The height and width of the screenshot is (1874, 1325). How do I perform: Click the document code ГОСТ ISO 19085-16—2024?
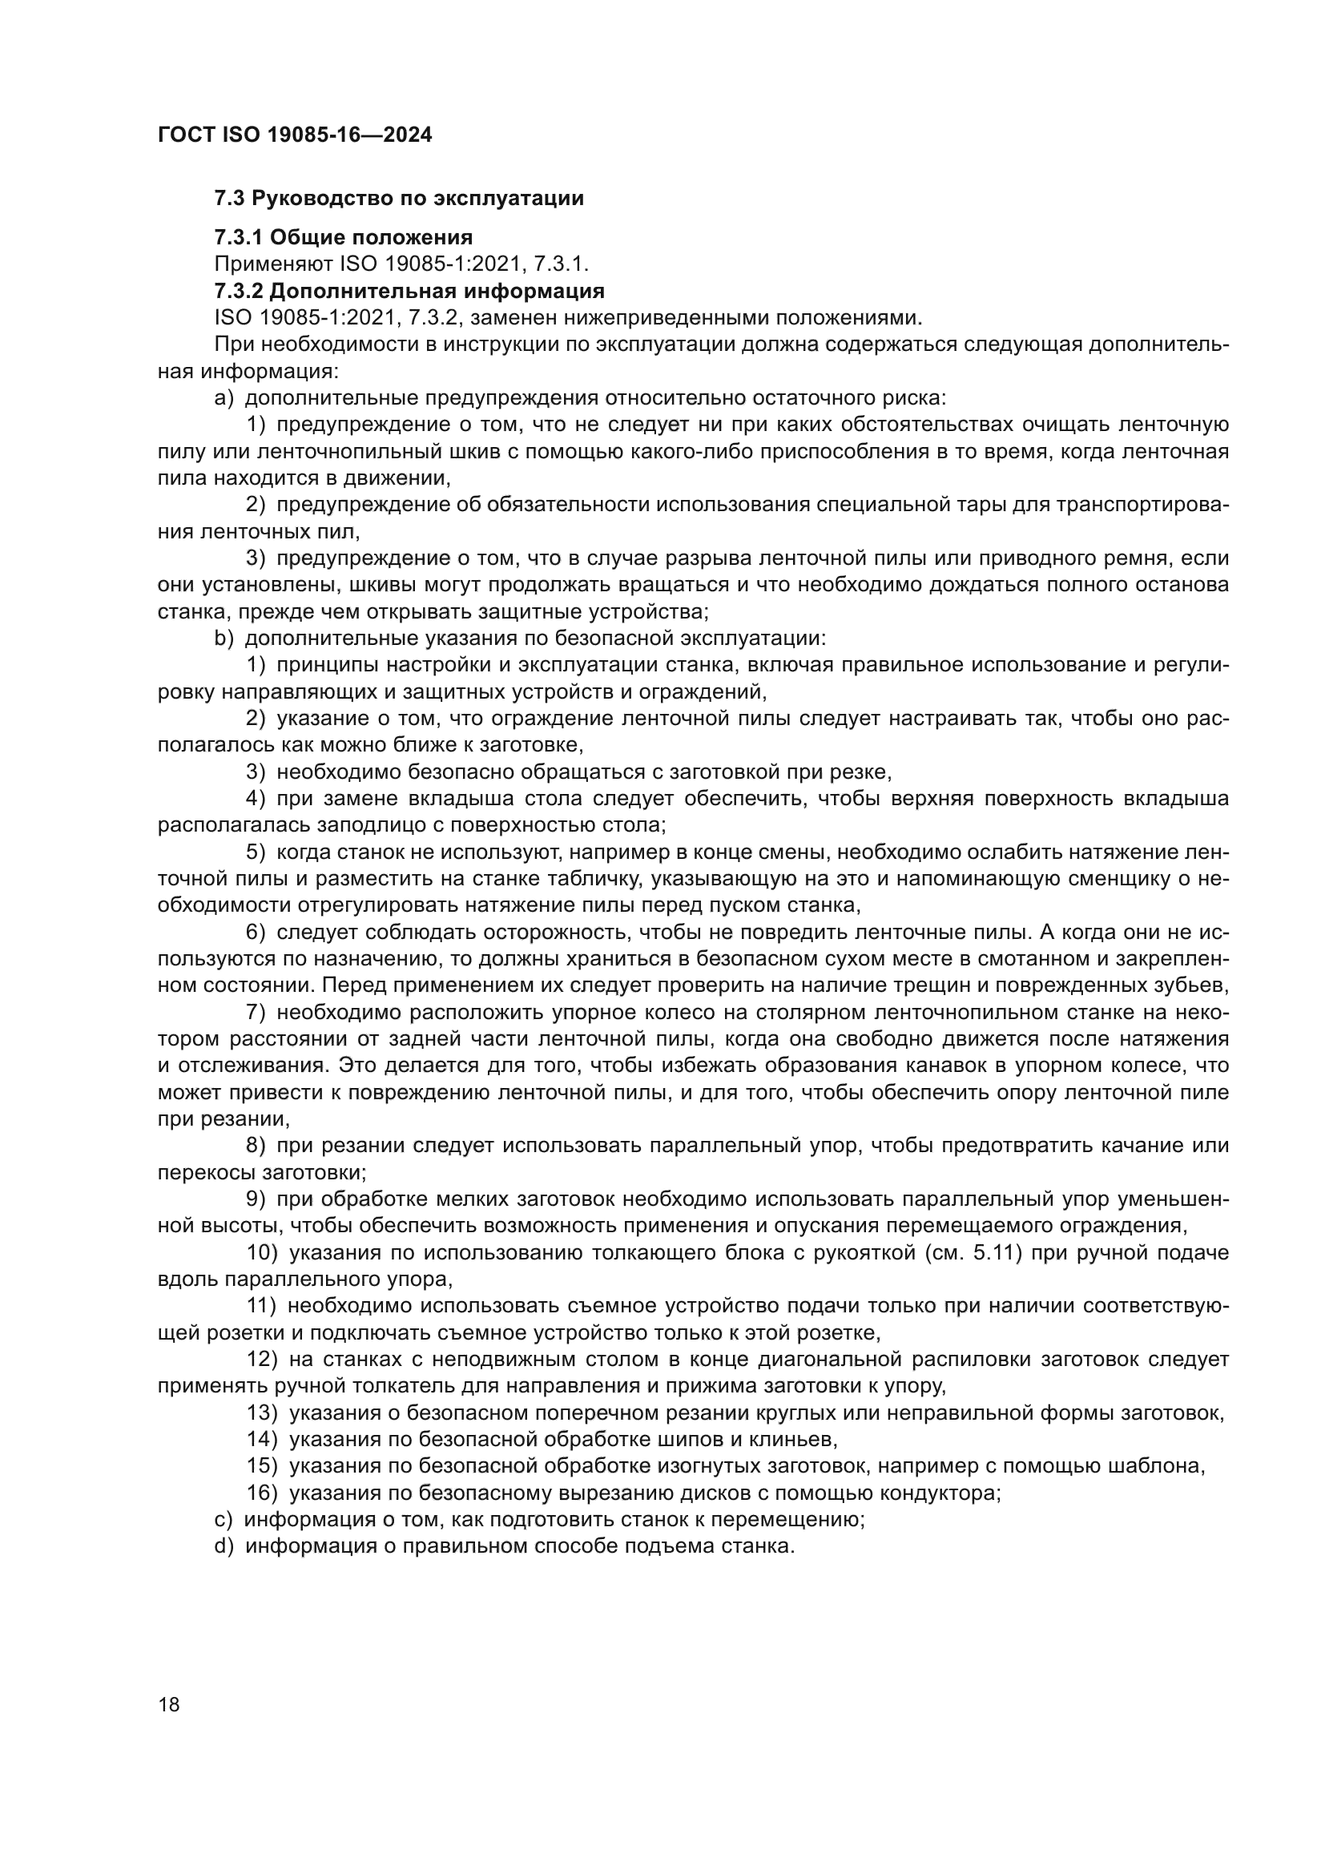point(295,135)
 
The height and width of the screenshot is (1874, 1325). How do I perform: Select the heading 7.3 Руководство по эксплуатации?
point(399,199)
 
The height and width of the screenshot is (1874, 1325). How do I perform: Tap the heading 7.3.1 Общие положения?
point(344,237)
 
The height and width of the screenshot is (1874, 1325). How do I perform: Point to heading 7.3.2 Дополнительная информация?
point(409,291)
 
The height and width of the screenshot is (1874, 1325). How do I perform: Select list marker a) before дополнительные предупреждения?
point(224,398)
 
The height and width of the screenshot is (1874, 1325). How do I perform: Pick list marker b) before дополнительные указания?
point(224,639)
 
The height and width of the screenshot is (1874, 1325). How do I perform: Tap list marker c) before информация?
point(223,1520)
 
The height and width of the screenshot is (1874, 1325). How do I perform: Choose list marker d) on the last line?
point(224,1546)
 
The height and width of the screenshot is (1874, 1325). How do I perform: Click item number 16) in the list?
point(263,1493)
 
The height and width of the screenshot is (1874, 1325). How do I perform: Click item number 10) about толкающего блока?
point(263,1253)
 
